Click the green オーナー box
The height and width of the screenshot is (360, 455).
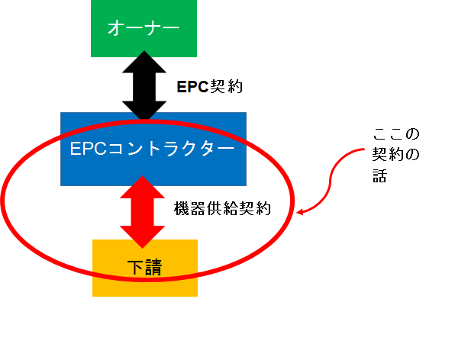click(x=144, y=28)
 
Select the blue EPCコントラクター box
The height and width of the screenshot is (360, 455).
click(x=153, y=149)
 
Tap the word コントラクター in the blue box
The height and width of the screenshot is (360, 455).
click(x=175, y=148)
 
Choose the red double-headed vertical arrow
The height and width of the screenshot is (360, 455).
click(x=144, y=211)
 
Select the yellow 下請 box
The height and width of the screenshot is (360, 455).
click(x=145, y=267)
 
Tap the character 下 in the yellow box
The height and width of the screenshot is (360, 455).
click(x=135, y=266)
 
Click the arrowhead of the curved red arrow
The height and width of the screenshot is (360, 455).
click(x=300, y=213)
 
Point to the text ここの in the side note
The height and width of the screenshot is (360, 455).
click(x=396, y=135)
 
